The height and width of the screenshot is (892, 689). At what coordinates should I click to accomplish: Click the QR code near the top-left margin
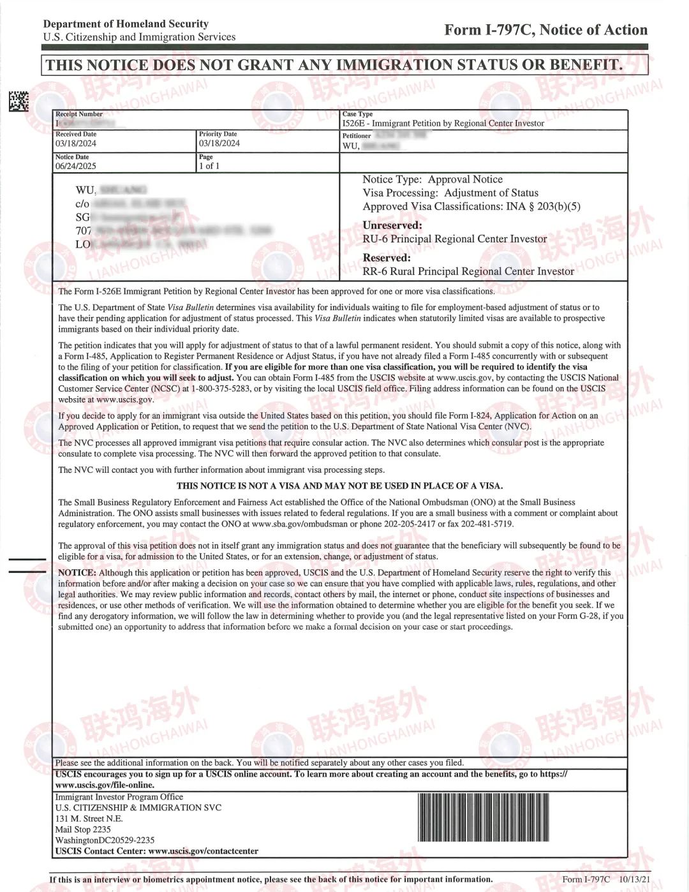click(19, 101)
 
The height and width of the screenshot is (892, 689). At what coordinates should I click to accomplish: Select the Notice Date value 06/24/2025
click(75, 166)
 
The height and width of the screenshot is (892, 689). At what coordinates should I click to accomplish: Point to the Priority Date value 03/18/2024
click(219, 144)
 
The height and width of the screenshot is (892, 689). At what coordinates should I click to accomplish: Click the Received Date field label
click(76, 134)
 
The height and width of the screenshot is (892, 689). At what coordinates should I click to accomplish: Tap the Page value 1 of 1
click(209, 166)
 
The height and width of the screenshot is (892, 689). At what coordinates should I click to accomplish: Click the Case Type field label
click(357, 114)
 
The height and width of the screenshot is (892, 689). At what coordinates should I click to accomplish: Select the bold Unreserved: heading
click(392, 225)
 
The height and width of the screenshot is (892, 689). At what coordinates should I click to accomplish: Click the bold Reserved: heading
click(387, 258)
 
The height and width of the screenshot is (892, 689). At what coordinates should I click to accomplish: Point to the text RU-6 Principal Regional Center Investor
click(454, 239)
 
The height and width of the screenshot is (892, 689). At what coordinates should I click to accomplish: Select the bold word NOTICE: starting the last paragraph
click(77, 573)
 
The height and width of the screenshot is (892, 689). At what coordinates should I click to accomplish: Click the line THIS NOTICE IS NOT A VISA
click(339, 486)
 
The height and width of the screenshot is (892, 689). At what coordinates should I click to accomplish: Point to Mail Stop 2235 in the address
click(83, 829)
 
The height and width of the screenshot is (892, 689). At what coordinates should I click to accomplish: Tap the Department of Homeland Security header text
click(126, 24)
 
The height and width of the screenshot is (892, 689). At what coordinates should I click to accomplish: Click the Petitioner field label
click(356, 136)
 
